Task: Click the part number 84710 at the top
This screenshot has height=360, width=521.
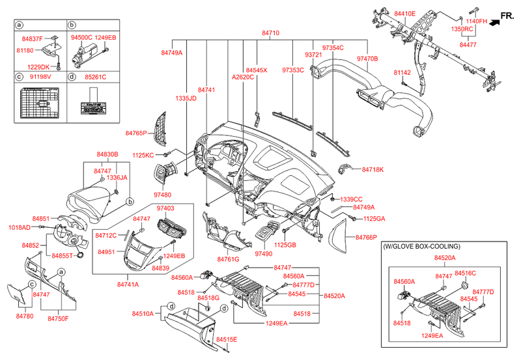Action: tap(271, 33)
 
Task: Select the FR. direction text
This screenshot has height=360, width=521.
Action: tap(507, 14)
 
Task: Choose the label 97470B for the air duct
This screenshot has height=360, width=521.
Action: tap(368, 59)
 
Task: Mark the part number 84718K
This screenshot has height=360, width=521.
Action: tap(373, 169)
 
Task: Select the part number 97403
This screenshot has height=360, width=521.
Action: tap(166, 208)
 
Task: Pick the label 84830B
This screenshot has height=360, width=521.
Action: tap(108, 154)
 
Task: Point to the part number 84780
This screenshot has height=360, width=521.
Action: tap(24, 316)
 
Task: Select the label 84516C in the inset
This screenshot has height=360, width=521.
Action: tap(465, 273)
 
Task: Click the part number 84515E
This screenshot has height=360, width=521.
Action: tap(227, 340)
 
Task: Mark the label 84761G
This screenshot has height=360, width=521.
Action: tap(229, 259)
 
